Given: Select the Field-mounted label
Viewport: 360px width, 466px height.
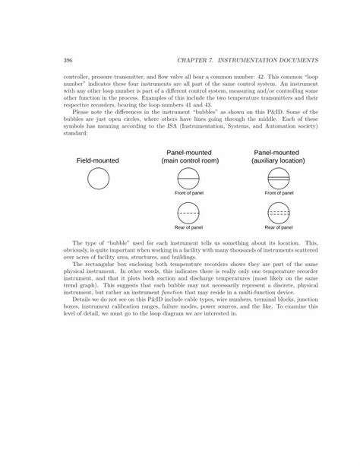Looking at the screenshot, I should pyautogui.click(x=98, y=160).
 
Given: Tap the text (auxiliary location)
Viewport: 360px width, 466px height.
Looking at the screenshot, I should pyautogui.click(x=279, y=160).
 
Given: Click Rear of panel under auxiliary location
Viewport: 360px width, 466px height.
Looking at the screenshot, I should pyautogui.click(x=279, y=227).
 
